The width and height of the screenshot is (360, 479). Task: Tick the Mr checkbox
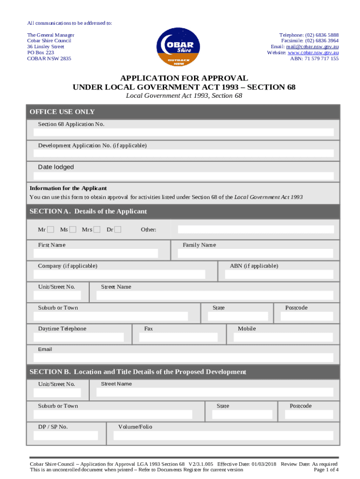(x=51, y=229)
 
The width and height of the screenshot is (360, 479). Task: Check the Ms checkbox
(x=73, y=229)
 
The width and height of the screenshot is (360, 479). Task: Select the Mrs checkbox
(x=97, y=229)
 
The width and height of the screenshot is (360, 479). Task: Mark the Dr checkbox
(x=118, y=229)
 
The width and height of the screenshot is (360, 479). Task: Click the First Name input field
(x=95, y=254)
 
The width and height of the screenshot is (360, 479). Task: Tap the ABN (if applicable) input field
(x=279, y=274)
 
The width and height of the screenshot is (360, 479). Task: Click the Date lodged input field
(x=183, y=176)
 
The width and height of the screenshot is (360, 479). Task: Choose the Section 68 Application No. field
(x=183, y=132)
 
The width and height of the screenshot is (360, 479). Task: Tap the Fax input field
(x=180, y=337)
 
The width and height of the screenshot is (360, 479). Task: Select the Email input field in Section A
(x=183, y=358)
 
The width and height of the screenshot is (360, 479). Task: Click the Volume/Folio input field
(x=223, y=435)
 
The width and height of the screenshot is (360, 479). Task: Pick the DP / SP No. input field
(x=66, y=435)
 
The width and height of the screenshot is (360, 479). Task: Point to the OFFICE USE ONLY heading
(x=62, y=112)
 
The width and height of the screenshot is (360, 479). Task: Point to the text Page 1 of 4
(x=326, y=470)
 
